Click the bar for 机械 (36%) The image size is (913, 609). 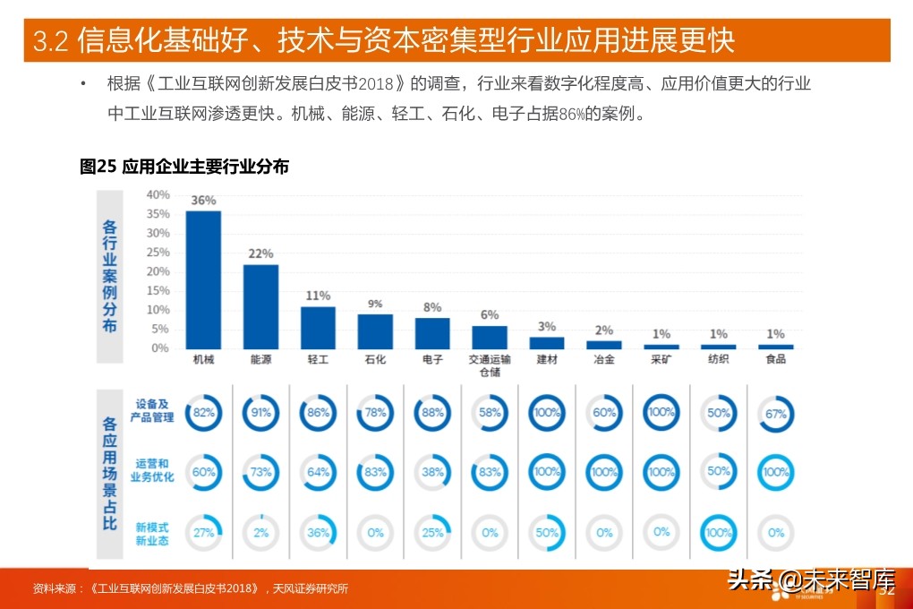(203, 280)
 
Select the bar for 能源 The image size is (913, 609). (260, 306)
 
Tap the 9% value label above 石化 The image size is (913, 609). (375, 304)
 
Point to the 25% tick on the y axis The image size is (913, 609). (158, 252)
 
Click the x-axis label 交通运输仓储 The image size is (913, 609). (490, 365)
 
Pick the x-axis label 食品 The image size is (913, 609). (775, 359)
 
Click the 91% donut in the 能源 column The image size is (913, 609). (260, 413)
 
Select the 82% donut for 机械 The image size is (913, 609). (203, 413)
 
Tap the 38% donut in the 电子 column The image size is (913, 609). (432, 472)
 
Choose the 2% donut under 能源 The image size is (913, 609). (260, 532)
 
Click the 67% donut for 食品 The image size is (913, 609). (775, 413)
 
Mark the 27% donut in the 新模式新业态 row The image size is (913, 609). (203, 532)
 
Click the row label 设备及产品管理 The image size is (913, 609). (152, 411)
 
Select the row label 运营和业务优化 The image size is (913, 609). (152, 470)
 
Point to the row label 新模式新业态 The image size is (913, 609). (152, 534)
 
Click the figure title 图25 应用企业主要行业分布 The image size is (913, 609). (184, 166)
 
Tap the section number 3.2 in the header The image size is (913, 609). (50, 41)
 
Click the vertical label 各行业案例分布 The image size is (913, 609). (109, 274)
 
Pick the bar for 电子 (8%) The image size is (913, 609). (432, 333)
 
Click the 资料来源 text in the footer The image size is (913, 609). (55, 588)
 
